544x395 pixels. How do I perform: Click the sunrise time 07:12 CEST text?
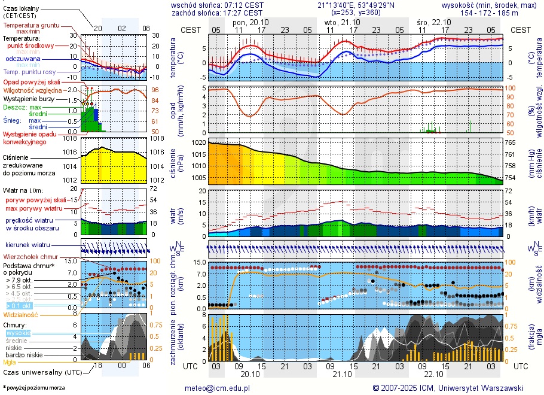pos(243,5)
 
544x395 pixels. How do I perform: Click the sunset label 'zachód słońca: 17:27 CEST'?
pos(216,13)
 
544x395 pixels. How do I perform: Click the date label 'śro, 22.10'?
pos(434,22)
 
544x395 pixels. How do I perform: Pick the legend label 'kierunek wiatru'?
pos(27,245)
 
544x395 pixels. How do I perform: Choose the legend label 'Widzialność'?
pos(21,314)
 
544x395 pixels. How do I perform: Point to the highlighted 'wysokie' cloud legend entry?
pos(18,333)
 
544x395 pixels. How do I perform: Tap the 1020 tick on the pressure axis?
pos(198,144)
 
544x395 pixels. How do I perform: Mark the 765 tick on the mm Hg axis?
pos(511,144)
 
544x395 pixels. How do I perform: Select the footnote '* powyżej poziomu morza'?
pos(34,388)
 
